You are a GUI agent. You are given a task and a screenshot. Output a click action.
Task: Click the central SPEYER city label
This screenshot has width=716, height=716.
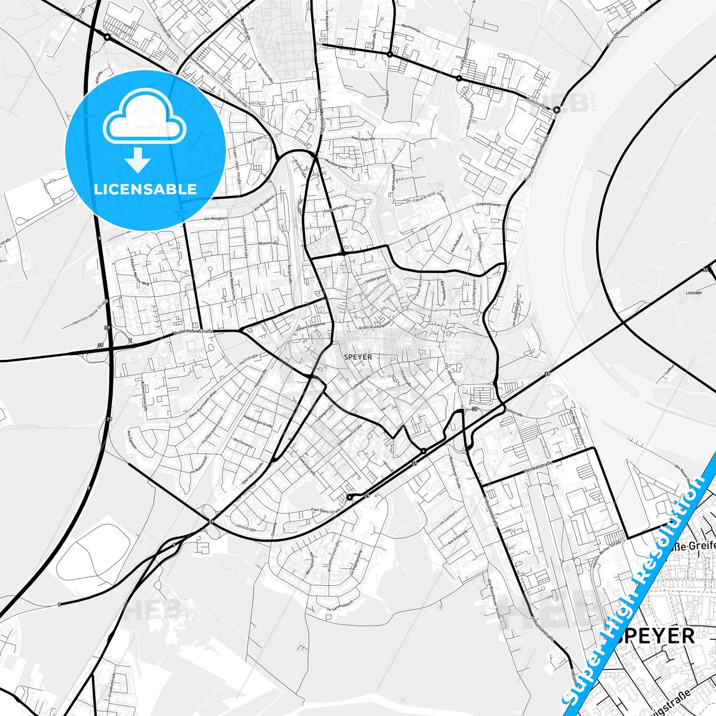[357, 357]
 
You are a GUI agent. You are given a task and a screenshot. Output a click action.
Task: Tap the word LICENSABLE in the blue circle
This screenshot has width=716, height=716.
[145, 189]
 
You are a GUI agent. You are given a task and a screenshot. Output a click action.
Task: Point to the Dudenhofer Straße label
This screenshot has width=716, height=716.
[193, 331]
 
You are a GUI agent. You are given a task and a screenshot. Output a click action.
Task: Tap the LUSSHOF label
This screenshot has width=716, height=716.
[694, 293]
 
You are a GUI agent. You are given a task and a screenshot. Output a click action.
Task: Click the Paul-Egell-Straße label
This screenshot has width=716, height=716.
[326, 510]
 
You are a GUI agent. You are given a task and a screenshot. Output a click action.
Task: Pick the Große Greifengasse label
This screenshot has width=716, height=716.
[375, 325]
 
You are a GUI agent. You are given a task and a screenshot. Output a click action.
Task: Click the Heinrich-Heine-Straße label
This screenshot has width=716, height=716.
[90, 313]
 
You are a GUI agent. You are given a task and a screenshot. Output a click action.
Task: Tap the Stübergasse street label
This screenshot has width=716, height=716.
[376, 279]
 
